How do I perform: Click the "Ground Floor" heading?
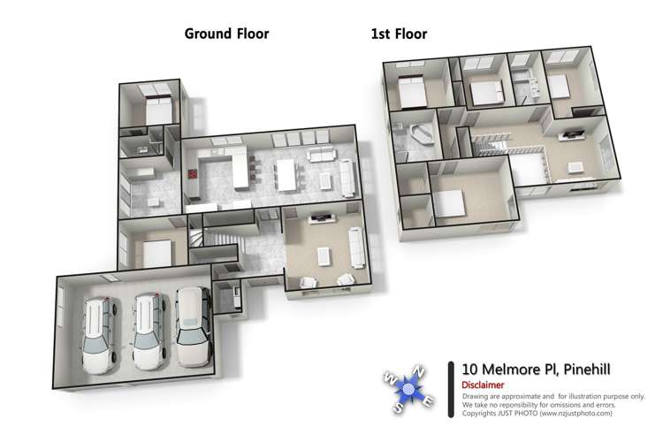click(x=226, y=34)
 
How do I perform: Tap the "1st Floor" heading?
click(x=399, y=34)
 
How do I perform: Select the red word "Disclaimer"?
click(x=483, y=385)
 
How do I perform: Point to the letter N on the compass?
click(x=421, y=372)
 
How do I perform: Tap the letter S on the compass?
click(x=400, y=408)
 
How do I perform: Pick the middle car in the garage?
click(x=148, y=331)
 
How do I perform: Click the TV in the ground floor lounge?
click(x=319, y=216)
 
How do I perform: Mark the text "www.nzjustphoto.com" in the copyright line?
click(x=577, y=413)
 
